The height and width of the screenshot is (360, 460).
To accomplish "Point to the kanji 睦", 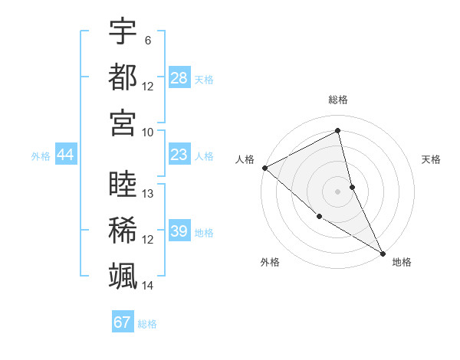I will click(123, 185).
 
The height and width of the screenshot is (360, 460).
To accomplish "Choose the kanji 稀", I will click(123, 230).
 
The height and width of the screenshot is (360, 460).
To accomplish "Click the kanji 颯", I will click(123, 275).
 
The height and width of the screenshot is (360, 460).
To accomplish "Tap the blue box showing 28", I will click(179, 78).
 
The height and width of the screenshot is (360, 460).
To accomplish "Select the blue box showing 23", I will click(179, 155).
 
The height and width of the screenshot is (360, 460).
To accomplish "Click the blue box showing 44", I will click(66, 155).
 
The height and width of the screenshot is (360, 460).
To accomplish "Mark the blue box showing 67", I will click(122, 322).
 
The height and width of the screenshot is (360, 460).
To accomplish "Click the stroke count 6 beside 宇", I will click(147, 41).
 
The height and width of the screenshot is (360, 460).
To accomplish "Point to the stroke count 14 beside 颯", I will click(148, 285).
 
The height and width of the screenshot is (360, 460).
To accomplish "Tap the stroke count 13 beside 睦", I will click(148, 194).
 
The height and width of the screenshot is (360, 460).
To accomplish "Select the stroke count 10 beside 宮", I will click(148, 132).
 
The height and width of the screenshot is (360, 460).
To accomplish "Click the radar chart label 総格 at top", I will click(337, 100).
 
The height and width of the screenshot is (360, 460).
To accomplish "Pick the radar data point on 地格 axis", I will click(382, 252).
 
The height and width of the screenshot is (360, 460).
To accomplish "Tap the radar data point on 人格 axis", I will click(264, 168).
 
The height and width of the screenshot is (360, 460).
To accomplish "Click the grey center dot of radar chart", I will click(337, 191).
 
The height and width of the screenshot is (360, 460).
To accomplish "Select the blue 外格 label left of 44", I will click(41, 156).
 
